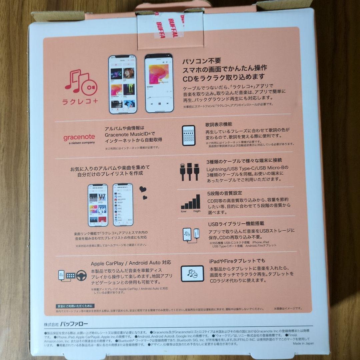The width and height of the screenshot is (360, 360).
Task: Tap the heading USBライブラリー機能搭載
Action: pos(233,224)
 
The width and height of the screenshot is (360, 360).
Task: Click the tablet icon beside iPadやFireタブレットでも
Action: pos(192,274)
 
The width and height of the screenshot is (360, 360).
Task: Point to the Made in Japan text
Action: pos(303,343)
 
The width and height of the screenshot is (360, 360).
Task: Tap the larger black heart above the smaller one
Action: pos(143,189)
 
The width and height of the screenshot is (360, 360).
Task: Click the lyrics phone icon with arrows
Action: pos(189,135)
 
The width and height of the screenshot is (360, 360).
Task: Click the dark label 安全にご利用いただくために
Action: pos(75,306)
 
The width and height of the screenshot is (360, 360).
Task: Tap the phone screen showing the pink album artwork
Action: pos(159,83)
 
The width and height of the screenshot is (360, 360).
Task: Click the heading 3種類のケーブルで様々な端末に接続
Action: pos(244,160)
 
